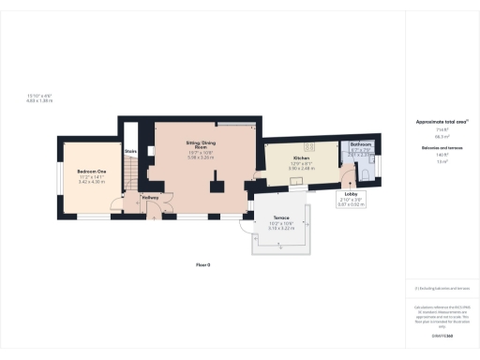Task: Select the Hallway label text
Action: (150, 198)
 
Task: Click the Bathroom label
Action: (362, 145)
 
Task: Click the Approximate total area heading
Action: (435, 123)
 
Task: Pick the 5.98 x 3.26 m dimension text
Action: (201, 157)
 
